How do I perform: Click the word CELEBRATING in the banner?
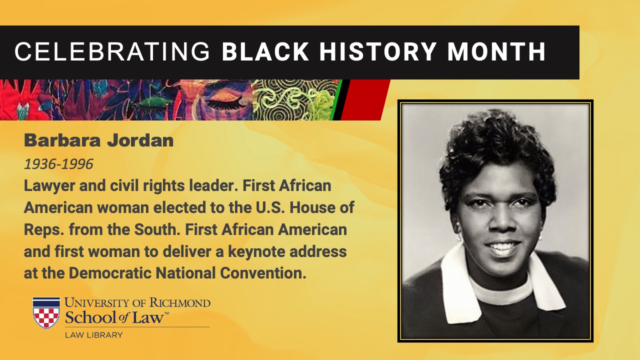tap(112, 51)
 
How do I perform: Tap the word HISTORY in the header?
tap(377, 51)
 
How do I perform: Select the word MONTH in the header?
tap(496, 51)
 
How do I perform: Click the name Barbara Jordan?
tap(99, 140)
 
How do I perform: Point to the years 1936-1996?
tap(58, 164)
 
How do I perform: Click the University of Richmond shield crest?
tap(46, 313)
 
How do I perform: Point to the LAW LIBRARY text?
tap(93, 335)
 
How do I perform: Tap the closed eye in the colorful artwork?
tap(225, 101)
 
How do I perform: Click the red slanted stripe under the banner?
tap(365, 99)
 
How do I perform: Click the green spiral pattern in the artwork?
tap(294, 99)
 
